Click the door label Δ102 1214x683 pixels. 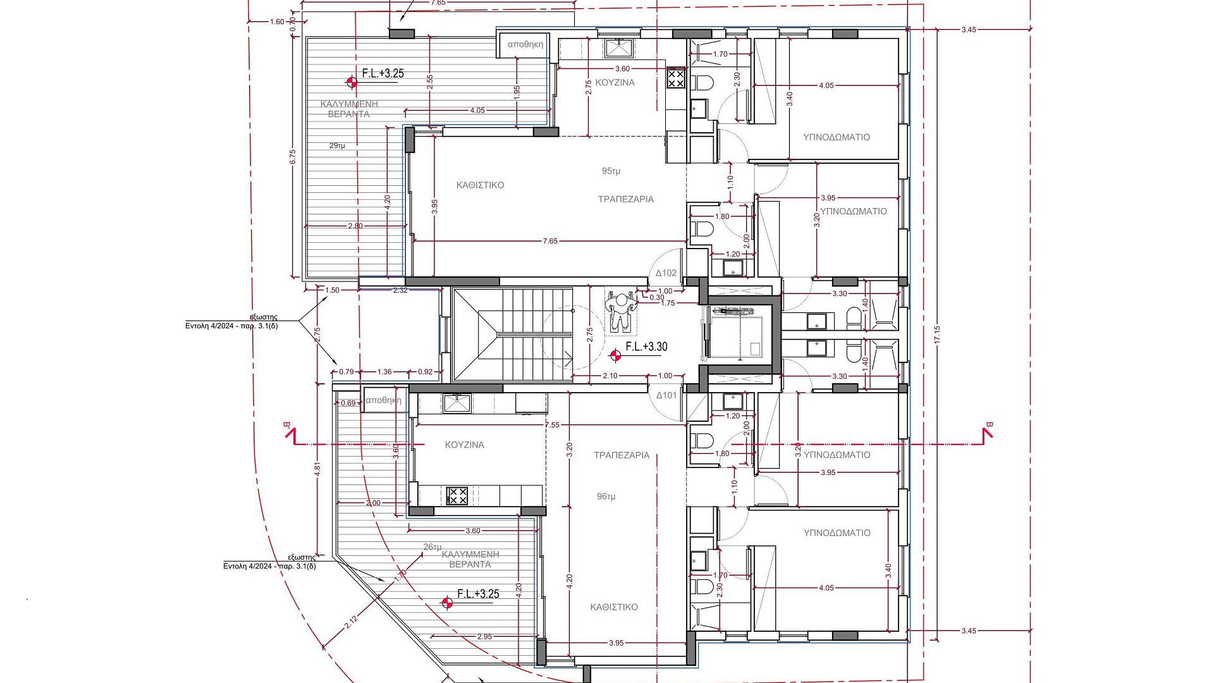point(666,273)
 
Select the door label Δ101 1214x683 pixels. point(666,395)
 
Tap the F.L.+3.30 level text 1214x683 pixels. point(646,347)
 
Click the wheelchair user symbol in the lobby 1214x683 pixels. point(621,310)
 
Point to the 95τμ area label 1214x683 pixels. point(611,171)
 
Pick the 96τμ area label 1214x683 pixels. point(606,496)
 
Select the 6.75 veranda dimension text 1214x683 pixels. point(292,157)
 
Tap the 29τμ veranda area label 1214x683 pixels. point(337,146)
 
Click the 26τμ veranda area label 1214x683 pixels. point(432,547)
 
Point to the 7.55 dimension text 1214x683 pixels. point(552,425)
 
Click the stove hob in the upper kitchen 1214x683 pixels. point(676,78)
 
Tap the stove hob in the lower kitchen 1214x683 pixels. point(457,495)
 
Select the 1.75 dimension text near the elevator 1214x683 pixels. point(668,304)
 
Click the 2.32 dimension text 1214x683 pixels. point(400,290)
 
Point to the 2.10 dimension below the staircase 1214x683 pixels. point(610,376)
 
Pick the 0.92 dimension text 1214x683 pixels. point(426,372)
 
